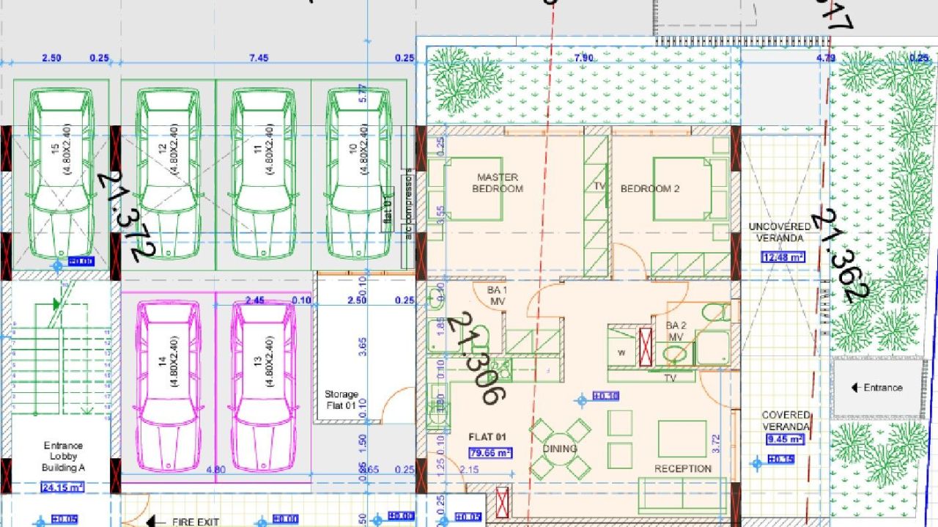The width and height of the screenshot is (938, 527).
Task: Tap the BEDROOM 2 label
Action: [650, 188]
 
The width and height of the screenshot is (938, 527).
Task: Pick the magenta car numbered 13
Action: [263, 386]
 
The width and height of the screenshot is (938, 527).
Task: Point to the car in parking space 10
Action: [358, 174]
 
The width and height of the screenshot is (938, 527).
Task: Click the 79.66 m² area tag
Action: [490, 452]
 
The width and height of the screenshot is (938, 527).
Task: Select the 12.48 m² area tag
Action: [783, 257]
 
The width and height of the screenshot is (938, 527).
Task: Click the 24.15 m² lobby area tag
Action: [62, 487]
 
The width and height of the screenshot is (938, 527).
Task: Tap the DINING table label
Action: [560, 449]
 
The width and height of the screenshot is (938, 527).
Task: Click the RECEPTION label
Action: [682, 468]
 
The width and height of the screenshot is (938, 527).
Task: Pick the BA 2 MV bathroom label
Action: [675, 331]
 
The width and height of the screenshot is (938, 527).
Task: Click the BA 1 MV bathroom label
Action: [497, 296]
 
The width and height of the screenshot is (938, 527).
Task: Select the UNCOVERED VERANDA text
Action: [780, 232]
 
